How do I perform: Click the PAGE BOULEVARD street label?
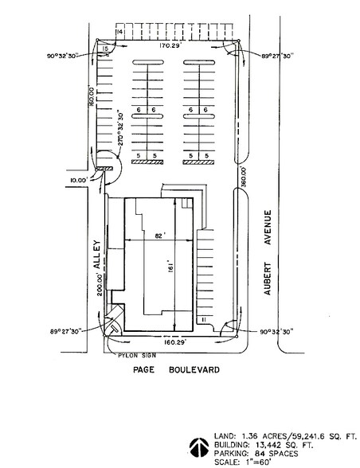tap(176, 370)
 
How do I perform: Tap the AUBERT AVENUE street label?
tap(268, 252)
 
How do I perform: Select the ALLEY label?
tap(97, 255)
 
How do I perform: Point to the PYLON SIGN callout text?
tap(137, 356)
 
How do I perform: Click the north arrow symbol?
tap(199, 447)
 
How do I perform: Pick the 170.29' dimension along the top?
tap(170, 45)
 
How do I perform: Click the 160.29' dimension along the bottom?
tap(175, 341)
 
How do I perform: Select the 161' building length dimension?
tap(170, 268)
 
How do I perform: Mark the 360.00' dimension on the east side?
tap(244, 177)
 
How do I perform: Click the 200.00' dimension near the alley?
tap(100, 285)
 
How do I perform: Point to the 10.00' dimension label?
tap(79, 180)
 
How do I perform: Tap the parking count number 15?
tap(104, 49)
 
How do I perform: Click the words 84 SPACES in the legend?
tap(276, 454)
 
